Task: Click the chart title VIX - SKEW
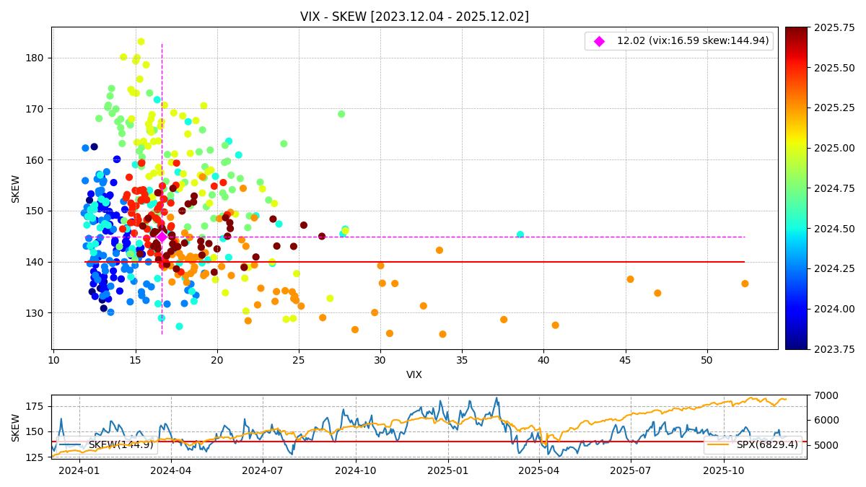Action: (414, 17)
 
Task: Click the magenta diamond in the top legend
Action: (599, 41)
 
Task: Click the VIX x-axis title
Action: (414, 375)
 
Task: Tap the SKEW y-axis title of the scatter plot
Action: (16, 188)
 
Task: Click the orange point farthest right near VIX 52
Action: (745, 284)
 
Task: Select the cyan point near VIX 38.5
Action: (520, 234)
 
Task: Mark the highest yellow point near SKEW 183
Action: (141, 42)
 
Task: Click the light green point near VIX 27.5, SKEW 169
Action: (341, 114)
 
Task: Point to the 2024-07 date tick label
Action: (263, 470)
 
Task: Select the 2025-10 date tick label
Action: (724, 470)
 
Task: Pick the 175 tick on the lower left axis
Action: (35, 406)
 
